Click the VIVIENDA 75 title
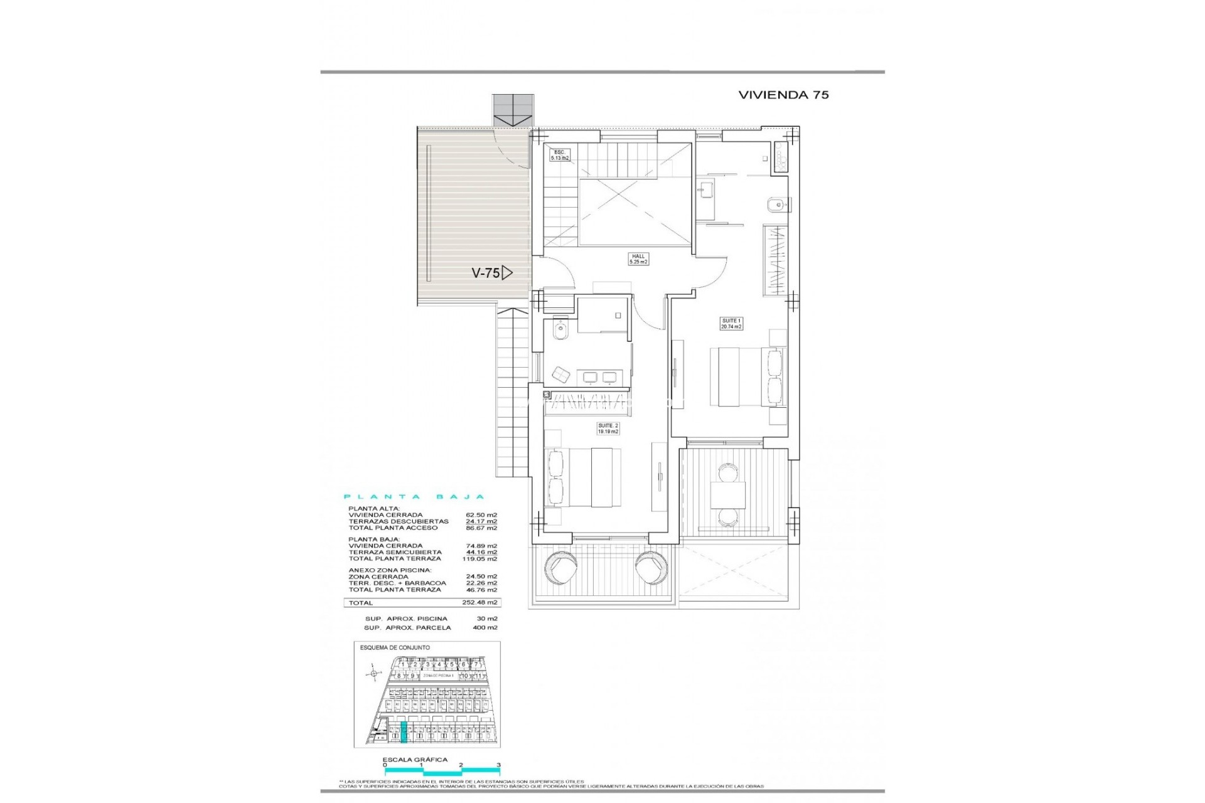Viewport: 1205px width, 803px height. [783, 95]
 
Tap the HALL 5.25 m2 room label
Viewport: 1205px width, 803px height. [638, 259]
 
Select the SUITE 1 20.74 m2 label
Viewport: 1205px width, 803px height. [731, 324]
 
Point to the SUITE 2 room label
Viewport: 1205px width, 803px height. [608, 428]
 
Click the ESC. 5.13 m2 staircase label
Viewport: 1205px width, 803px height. [560, 155]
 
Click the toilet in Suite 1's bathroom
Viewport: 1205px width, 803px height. [773, 205]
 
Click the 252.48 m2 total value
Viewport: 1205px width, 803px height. [485, 602]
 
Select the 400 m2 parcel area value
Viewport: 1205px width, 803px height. [485, 627]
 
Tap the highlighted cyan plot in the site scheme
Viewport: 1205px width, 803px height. [404, 731]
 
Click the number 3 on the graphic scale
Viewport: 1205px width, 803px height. [498, 765]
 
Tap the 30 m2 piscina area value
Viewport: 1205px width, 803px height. [487, 619]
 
